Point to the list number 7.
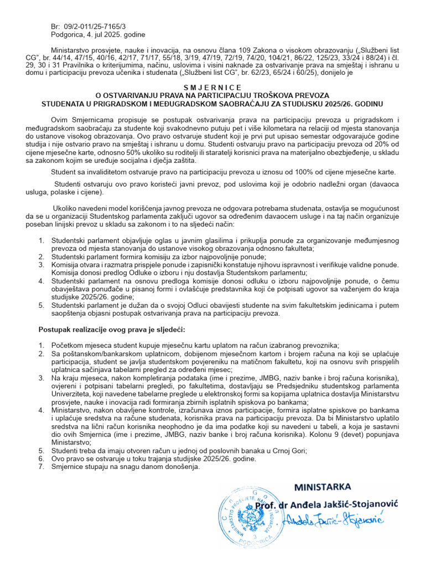[x=41, y=467]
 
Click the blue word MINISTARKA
[x=322, y=487]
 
